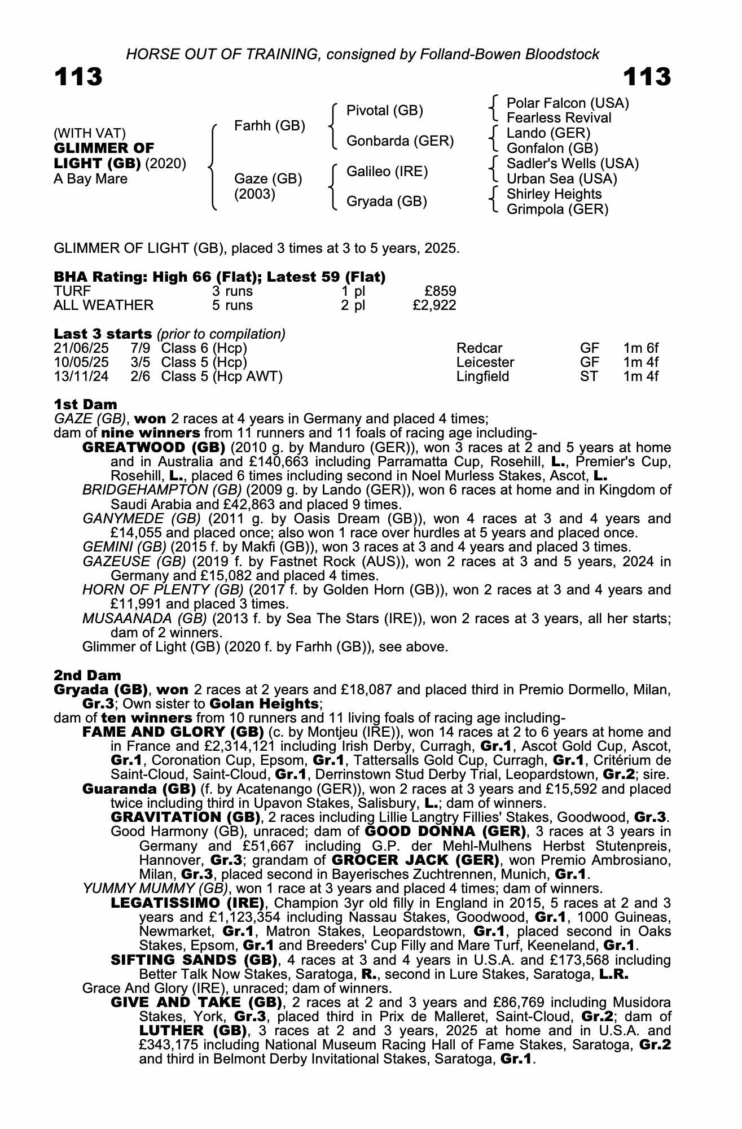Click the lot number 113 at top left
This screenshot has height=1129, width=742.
78,77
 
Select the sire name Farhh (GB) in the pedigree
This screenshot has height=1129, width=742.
270,125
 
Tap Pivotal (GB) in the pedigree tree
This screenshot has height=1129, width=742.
385,111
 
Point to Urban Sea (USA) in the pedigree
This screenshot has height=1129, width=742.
562,179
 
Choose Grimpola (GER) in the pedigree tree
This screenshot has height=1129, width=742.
557,209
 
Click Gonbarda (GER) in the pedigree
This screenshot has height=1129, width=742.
400,141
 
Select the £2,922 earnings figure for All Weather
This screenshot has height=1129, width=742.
434,305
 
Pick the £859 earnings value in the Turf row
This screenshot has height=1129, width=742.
440,291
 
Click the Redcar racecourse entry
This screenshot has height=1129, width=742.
479,348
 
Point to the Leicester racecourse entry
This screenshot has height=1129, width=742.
485,362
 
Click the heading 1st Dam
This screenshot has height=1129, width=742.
86,404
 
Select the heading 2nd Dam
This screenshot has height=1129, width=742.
87,675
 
